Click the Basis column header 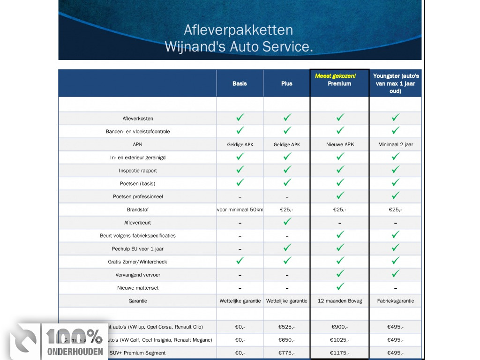point(240,83)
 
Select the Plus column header point(286,83)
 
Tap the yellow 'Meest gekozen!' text point(335,76)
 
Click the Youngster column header point(396,83)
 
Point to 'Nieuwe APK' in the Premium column point(340,144)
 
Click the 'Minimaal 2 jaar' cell point(396,144)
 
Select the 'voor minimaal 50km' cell point(240,210)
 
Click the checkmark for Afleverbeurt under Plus point(287,222)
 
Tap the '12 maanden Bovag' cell point(340,301)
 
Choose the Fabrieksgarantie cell point(396,301)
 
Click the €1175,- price point(340,352)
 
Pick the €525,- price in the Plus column point(286,327)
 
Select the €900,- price point(340,327)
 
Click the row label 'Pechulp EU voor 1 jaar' point(137,249)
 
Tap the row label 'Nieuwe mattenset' point(137,288)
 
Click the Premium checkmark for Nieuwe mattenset point(341,286)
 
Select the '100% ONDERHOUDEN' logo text point(75,342)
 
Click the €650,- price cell point(286,340)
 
